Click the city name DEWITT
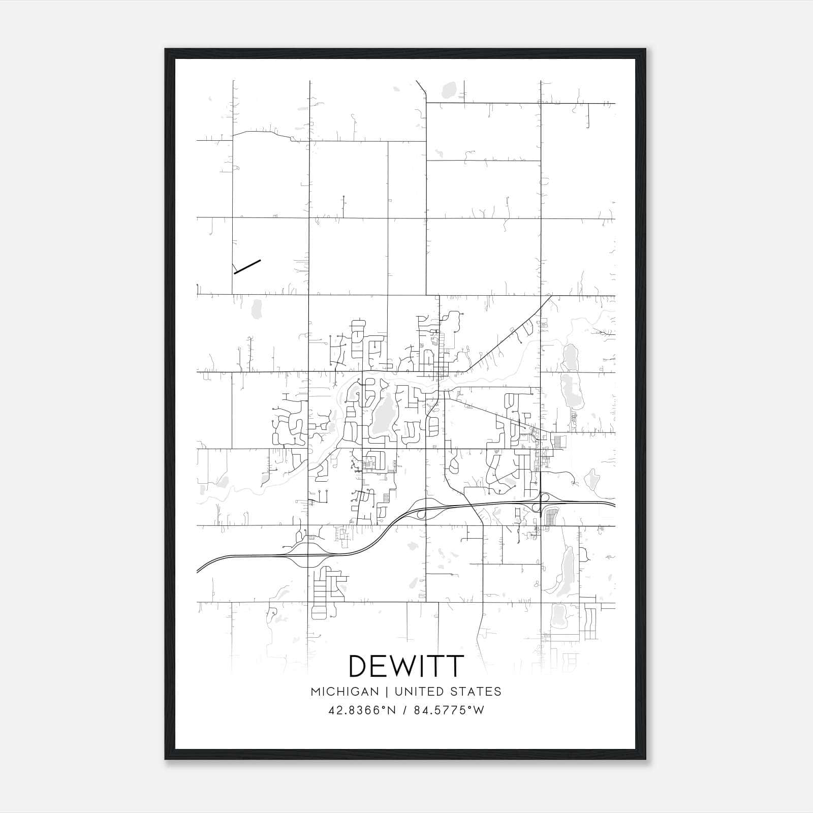406,666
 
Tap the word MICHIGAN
345,692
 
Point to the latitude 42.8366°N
362,710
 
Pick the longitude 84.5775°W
449,710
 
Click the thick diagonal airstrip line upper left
247,267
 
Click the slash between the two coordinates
404,710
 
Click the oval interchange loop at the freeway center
425,511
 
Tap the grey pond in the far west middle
257,308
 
